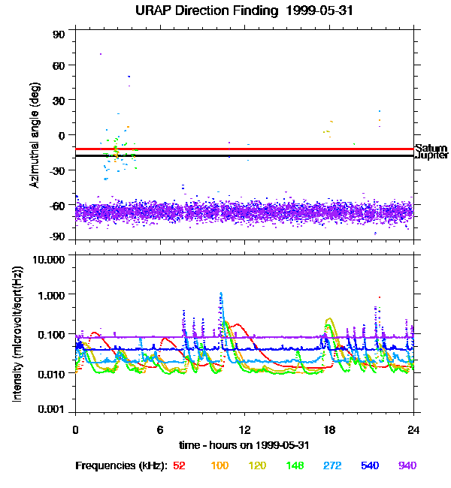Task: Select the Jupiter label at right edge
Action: [x=431, y=156]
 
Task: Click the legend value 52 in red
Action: [x=179, y=465]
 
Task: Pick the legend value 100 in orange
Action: [x=220, y=465]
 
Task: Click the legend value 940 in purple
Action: [x=407, y=465]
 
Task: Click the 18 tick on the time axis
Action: [x=329, y=429]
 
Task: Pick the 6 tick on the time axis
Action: [x=160, y=429]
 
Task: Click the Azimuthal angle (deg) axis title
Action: [x=34, y=135]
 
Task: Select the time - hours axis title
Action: [x=244, y=444]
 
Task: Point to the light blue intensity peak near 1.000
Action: [x=221, y=294]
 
